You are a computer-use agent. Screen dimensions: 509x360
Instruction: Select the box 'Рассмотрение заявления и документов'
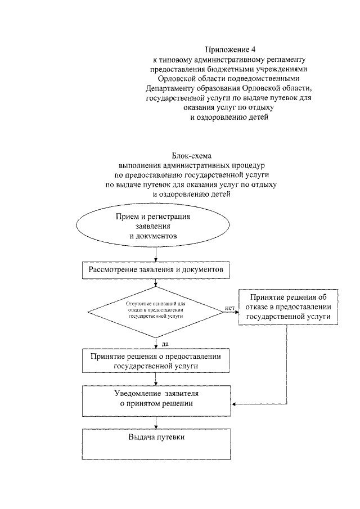coord(156,271)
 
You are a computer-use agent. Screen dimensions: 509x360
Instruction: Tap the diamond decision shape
coord(156,310)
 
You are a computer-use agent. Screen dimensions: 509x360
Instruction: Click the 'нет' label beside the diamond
coord(229,308)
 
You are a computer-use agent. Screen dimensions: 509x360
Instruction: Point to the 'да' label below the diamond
coord(165,343)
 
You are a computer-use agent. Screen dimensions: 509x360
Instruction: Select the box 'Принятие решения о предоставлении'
coord(156,361)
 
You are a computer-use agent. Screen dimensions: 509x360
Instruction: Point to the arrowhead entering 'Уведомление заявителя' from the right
coord(235,404)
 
